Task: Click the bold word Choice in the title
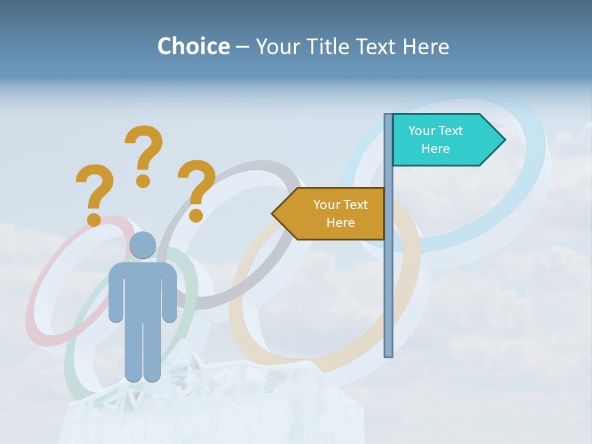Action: [193, 46]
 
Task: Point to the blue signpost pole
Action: [388, 277]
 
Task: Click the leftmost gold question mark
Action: [94, 191]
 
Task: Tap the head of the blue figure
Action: [142, 245]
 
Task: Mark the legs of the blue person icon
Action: [142, 351]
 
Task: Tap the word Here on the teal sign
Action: [435, 149]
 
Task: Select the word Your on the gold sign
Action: [325, 205]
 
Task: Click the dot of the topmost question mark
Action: [143, 181]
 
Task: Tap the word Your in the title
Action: [275, 46]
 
